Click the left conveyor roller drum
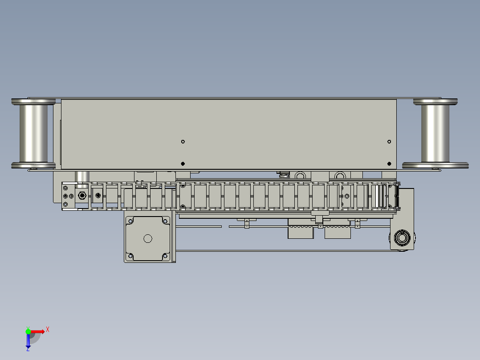click(33, 133)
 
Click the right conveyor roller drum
click(435, 133)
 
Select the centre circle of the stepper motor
click(148, 239)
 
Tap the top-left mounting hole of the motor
click(130, 221)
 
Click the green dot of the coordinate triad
click(28, 331)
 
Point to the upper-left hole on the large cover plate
click(183, 142)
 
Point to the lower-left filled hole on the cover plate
click(183, 163)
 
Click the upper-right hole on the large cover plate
click(389, 142)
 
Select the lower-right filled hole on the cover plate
click(389, 163)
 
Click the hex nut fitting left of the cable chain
click(81, 195)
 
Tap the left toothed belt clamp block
click(301, 233)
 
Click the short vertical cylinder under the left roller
click(82, 176)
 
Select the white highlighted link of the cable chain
click(379, 196)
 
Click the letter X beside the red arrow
click(48, 329)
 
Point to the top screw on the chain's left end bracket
click(66, 188)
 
